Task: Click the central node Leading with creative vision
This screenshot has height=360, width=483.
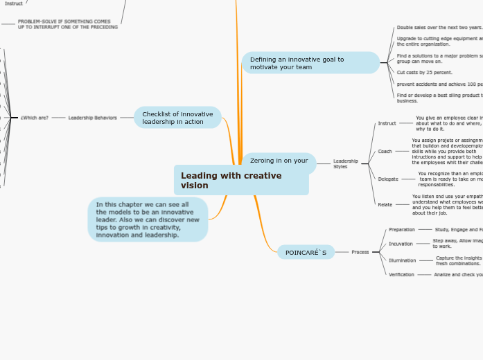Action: click(241, 180)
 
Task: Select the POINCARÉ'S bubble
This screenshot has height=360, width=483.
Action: click(306, 252)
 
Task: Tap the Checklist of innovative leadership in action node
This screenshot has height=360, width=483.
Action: click(177, 118)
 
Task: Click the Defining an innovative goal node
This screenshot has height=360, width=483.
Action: click(310, 63)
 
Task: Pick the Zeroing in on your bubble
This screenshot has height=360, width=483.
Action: click(279, 161)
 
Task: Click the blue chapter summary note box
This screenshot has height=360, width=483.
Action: click(148, 219)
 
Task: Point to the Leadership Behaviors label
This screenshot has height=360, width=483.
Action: click(92, 118)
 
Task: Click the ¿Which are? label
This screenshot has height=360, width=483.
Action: click(35, 118)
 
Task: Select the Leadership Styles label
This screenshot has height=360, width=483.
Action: click(346, 163)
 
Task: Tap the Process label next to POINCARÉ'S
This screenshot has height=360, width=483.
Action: click(360, 252)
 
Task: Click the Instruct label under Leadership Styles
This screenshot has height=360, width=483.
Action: click(387, 123)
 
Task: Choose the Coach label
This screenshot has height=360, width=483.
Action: click(385, 151)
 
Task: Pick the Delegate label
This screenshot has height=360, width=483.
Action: click(388, 179)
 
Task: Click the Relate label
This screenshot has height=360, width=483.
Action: click(385, 204)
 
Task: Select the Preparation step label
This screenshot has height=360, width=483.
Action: click(402, 229)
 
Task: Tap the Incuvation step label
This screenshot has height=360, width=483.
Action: click(401, 244)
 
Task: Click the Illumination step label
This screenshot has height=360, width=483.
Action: click(403, 260)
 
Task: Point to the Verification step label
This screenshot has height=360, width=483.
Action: click(401, 274)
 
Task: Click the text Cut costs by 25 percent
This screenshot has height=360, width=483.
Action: click(424, 72)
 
